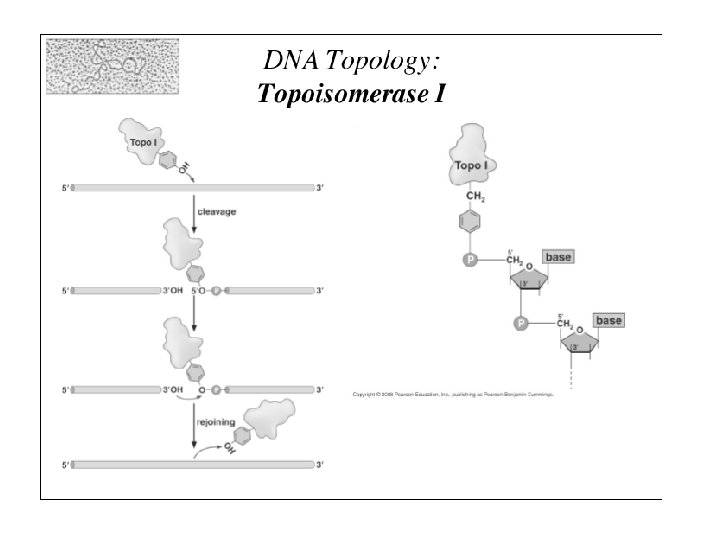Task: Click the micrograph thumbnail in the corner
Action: [112, 66]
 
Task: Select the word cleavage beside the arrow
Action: [217, 212]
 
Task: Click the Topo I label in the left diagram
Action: [143, 143]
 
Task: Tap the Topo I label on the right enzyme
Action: [471, 165]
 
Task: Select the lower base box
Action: [609, 320]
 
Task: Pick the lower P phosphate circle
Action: [520, 323]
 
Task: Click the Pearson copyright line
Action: [453, 395]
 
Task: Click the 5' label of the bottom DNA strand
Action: [65, 465]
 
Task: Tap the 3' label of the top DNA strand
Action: [320, 186]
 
